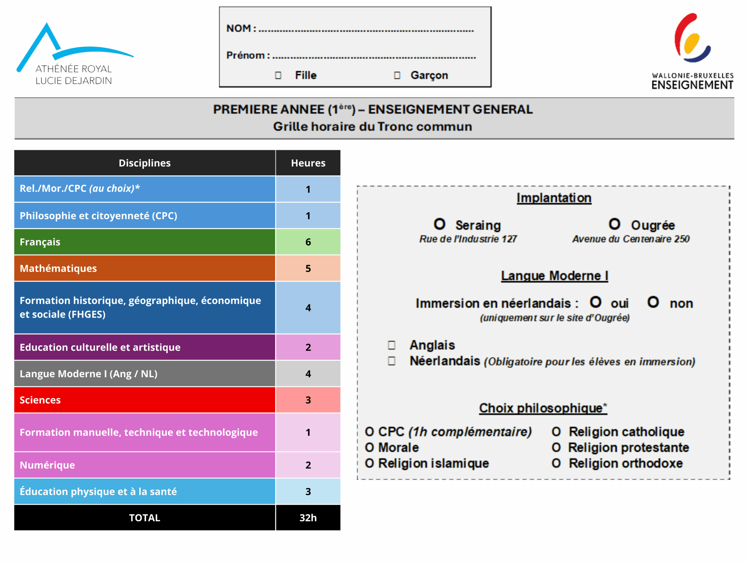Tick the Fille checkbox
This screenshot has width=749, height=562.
click(x=278, y=75)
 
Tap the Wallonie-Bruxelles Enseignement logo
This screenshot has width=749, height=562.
click(x=693, y=51)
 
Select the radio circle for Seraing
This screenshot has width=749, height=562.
click(x=439, y=224)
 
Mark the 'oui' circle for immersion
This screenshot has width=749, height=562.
click(x=596, y=302)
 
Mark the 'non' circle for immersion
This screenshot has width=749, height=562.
click(x=653, y=302)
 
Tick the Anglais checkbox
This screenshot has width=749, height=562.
click(x=392, y=345)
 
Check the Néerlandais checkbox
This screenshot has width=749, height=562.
click(x=392, y=361)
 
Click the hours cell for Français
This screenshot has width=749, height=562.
click(x=308, y=242)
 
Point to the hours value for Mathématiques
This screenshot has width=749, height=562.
click(x=308, y=268)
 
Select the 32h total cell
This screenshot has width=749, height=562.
click(x=308, y=518)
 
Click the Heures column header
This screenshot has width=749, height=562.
click(x=308, y=163)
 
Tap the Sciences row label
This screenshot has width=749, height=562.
click(x=40, y=400)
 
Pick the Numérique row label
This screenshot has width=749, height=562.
click(x=47, y=465)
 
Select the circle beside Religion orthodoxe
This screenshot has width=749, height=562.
click(x=556, y=463)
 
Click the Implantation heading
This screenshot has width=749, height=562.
click(x=554, y=198)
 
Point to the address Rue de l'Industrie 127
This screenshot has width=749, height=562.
click(x=468, y=239)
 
